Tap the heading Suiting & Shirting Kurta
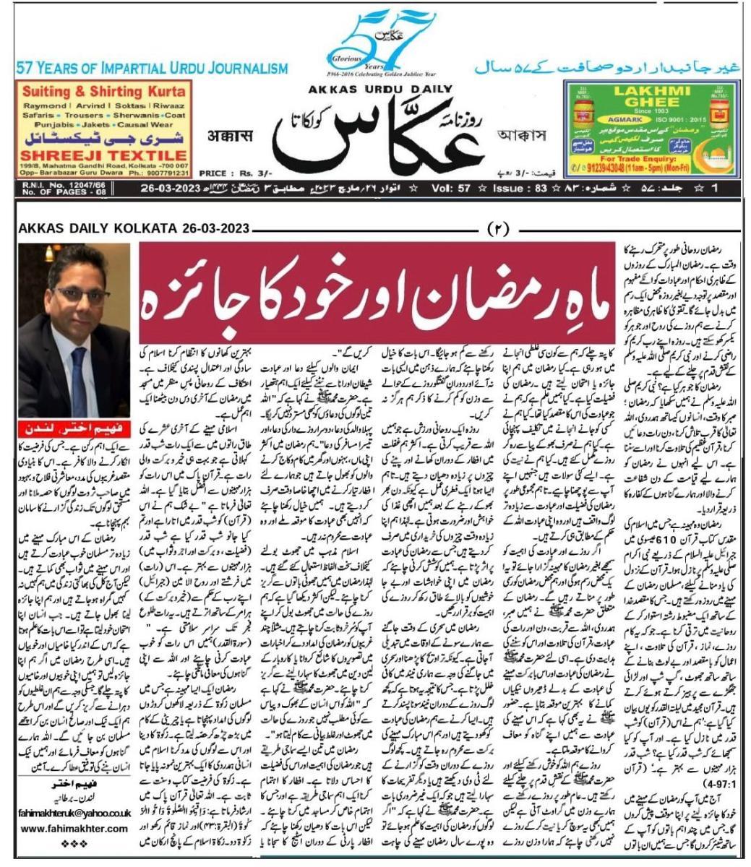pyautogui.click(x=104, y=92)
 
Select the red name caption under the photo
pyautogui.click(x=75, y=427)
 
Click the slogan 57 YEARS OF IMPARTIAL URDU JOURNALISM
pyautogui.click(x=152, y=69)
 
